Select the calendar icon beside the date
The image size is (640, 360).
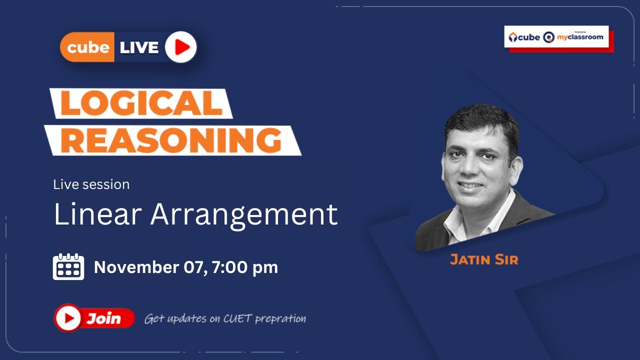click(68, 266)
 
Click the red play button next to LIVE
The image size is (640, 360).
click(181, 47)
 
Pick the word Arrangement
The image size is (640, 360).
click(244, 215)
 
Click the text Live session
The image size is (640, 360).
click(91, 184)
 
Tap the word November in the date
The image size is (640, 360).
click(135, 267)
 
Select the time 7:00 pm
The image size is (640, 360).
click(244, 267)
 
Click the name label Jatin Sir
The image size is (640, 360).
click(484, 259)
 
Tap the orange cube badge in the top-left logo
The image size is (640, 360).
click(87, 47)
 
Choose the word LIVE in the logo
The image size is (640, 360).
click(138, 47)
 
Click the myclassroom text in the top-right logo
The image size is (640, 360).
click(580, 37)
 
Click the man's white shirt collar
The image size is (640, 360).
click(462, 220)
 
